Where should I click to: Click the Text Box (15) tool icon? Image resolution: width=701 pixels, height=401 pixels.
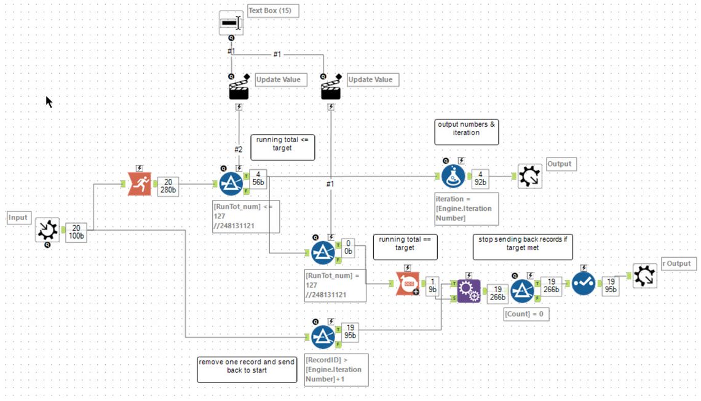point(231,23)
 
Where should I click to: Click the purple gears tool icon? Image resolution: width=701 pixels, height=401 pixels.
point(468,291)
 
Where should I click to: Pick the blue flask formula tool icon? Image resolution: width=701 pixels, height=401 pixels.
point(453,176)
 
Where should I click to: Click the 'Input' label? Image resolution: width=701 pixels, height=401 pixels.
point(18,218)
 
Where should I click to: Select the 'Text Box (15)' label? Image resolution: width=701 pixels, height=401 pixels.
point(272,11)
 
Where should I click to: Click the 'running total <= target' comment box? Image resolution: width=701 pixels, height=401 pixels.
point(282,145)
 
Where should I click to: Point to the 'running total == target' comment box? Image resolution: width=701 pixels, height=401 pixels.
point(405,244)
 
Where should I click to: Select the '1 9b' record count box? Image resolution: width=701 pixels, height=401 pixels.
point(432,285)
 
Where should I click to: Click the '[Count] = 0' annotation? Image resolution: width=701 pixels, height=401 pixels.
point(526,314)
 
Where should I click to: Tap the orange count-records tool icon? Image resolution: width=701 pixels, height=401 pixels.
point(408,284)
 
